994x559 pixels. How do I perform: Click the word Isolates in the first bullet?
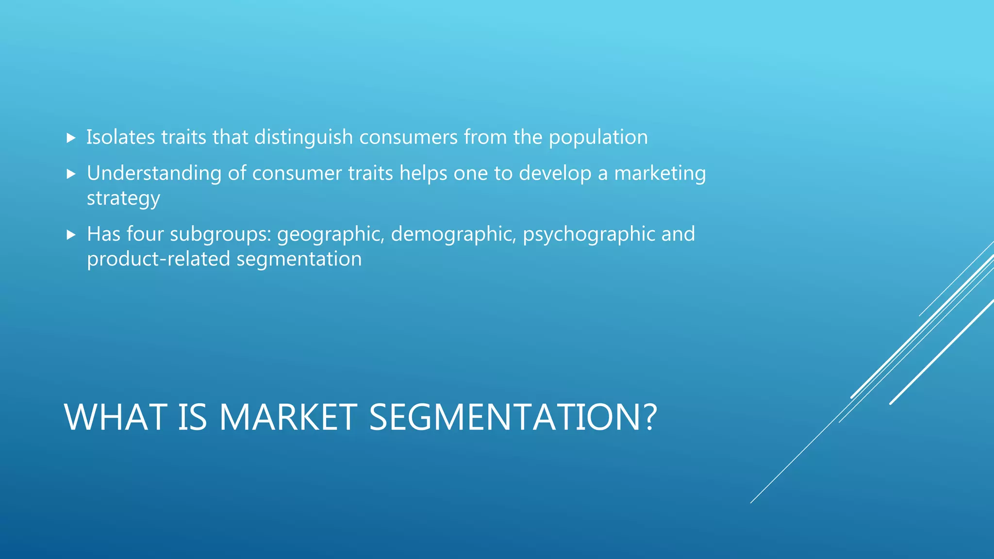click(120, 137)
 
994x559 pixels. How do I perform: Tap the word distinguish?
click(303, 137)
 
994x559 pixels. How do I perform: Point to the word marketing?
click(660, 173)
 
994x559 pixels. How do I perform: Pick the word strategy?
click(123, 198)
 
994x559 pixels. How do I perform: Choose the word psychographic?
click(589, 234)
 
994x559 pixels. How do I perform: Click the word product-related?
click(158, 259)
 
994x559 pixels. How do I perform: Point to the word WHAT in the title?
click(116, 417)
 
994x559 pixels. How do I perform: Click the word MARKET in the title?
click(288, 417)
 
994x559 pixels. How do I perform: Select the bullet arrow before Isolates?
click(71, 138)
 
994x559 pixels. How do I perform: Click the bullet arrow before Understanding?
click(71, 174)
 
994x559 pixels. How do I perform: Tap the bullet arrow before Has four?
click(71, 235)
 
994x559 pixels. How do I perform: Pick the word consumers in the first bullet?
click(408, 137)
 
